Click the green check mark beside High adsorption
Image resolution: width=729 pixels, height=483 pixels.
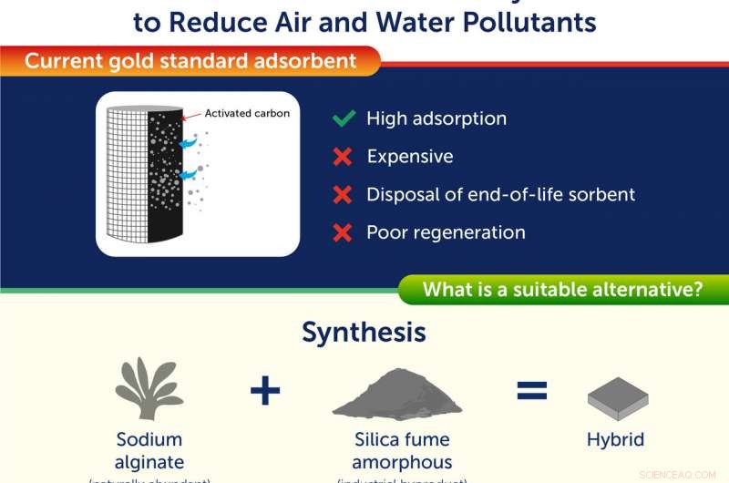(x=344, y=118)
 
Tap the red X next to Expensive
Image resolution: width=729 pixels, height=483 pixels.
(x=344, y=157)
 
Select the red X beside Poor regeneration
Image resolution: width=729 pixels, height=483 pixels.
(x=344, y=233)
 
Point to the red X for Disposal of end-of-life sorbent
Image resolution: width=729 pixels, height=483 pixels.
(x=344, y=195)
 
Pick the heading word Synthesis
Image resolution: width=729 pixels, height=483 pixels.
(x=364, y=333)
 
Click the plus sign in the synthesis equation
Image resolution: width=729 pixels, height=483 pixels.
(x=265, y=391)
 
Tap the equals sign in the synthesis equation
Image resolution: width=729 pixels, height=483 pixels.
(x=532, y=391)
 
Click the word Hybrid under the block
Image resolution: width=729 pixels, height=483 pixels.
(x=615, y=439)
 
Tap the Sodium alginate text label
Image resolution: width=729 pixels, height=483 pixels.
(x=149, y=450)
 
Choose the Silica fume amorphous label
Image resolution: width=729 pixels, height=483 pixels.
(x=402, y=450)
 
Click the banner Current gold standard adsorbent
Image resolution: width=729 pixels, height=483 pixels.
(x=190, y=62)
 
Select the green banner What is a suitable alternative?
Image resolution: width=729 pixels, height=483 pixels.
(x=562, y=291)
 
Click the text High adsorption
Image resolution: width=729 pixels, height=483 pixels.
(x=436, y=118)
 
